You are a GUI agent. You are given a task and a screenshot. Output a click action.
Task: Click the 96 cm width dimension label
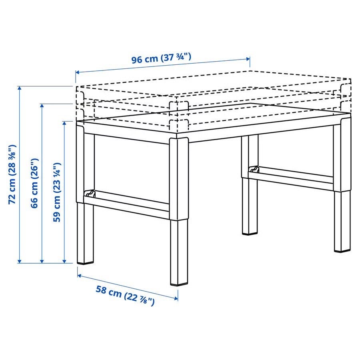161,58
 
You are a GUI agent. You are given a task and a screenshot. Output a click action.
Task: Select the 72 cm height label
12,174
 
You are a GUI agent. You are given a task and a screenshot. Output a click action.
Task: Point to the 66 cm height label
35,183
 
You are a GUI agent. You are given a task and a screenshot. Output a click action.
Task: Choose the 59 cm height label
57,192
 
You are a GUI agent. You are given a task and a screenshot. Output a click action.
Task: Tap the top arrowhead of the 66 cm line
42,106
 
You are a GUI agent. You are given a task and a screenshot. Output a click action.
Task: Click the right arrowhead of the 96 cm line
248,59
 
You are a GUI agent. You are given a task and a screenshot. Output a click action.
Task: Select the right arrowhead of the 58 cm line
176,298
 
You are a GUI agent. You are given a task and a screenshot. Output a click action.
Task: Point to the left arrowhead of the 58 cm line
80,275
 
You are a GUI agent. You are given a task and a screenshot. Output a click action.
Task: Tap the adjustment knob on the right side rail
254,170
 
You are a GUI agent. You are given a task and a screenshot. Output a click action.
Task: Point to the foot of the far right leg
342,250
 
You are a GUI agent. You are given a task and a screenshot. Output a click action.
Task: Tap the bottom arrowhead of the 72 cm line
20,261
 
